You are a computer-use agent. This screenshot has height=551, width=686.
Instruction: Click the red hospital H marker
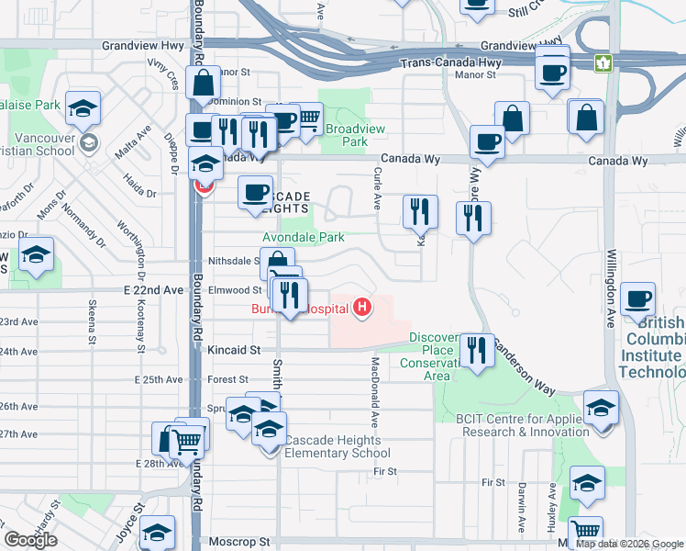point(364,307)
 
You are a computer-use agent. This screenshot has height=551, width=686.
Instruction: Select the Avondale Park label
point(304,237)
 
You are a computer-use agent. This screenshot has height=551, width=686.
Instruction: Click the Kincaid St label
point(234,350)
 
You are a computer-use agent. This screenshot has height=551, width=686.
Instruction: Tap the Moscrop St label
point(236,542)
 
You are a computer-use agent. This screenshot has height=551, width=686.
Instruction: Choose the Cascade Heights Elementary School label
point(337,446)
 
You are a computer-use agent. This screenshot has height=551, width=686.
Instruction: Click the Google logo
point(30,539)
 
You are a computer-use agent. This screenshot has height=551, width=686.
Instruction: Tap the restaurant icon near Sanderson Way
point(476,351)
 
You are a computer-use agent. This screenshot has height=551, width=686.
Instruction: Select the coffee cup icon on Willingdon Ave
point(637,298)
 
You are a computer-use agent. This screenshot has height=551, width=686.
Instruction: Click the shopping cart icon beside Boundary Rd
point(188,442)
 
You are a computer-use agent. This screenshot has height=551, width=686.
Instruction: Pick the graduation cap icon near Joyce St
point(158,534)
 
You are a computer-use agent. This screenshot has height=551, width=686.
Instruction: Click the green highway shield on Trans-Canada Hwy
point(603,63)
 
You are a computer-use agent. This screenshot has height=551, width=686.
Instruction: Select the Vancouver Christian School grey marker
point(89,142)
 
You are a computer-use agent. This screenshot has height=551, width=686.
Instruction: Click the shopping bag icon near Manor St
point(202,82)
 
